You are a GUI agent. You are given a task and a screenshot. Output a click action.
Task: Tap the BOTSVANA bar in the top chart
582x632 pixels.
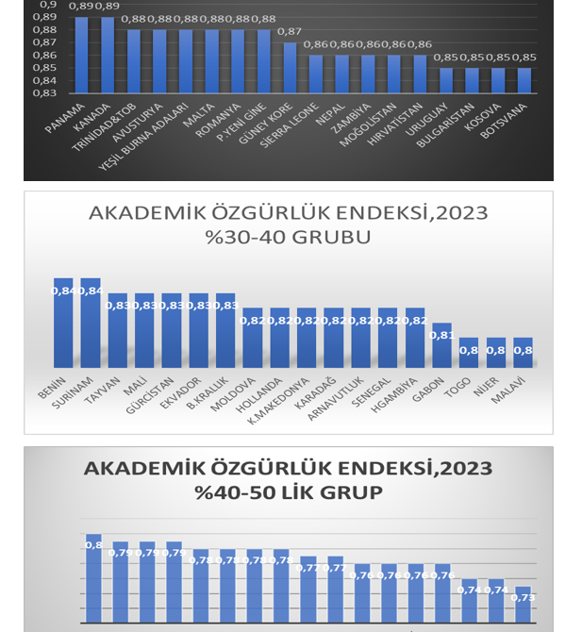[524, 80]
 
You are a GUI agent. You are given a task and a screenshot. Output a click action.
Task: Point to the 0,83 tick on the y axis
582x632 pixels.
[44, 92]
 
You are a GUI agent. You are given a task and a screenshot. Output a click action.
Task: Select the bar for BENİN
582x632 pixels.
[62, 325]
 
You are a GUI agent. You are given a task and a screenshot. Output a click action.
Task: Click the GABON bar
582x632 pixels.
[441, 347]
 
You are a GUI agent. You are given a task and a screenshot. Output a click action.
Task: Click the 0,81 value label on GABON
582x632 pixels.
[441, 335]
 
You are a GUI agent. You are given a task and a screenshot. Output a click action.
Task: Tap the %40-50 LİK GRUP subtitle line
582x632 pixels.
[288, 491]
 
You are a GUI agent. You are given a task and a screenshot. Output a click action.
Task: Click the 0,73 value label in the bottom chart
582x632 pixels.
[523, 597]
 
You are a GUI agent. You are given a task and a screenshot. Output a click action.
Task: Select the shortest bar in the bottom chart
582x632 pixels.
[523, 608]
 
